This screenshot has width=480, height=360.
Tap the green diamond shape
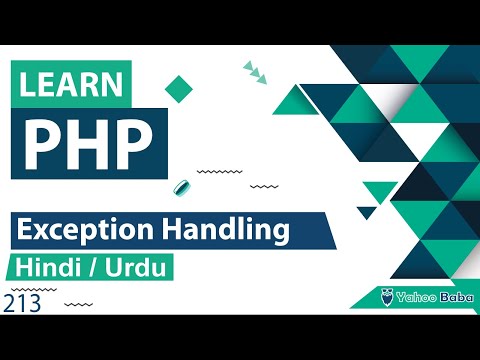[179, 87]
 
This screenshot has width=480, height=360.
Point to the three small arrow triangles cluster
[256, 70]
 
